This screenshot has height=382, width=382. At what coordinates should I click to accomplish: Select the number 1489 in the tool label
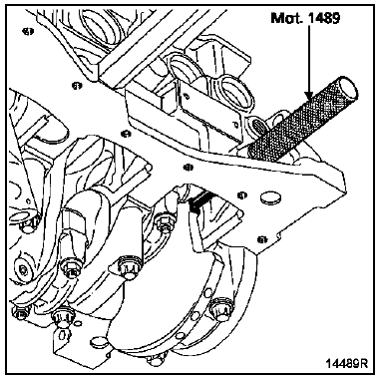[323, 18]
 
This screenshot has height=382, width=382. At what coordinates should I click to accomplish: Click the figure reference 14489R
[346, 363]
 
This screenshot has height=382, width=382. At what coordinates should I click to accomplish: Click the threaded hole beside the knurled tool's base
[258, 126]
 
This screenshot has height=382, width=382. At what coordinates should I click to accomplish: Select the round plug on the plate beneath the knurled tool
[270, 197]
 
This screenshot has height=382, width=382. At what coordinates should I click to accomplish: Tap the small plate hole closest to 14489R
[262, 239]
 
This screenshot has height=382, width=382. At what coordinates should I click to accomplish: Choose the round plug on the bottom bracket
[98, 341]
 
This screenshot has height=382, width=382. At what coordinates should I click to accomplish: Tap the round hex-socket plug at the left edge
[22, 268]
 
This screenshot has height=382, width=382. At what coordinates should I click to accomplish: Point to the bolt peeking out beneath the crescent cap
[157, 361]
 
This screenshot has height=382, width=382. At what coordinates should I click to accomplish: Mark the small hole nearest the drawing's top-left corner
[28, 31]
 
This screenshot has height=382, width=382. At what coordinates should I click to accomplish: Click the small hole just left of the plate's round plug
[242, 194]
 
